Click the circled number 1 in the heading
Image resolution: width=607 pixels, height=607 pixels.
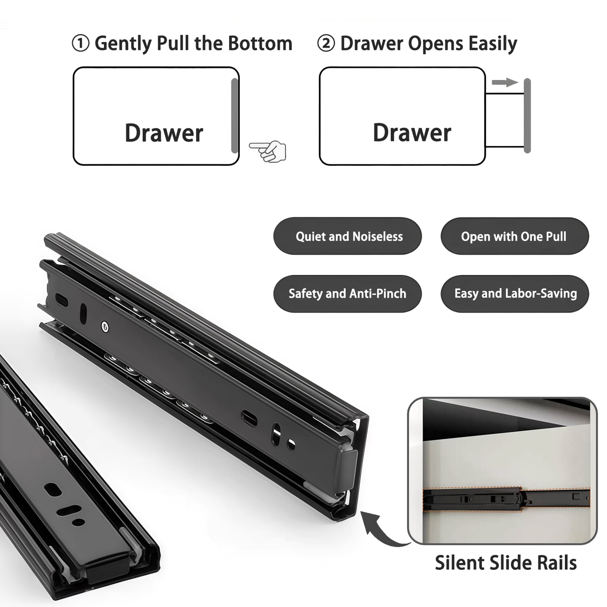[81, 44]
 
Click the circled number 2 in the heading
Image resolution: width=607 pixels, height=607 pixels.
[326, 44]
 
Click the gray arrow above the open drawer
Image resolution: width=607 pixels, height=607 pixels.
[504, 82]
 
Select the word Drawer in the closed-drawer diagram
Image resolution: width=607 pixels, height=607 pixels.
[164, 133]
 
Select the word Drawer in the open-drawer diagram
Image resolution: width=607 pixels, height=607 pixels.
[412, 133]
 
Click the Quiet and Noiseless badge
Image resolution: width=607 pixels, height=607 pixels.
[347, 236]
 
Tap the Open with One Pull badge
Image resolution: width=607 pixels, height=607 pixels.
[514, 236]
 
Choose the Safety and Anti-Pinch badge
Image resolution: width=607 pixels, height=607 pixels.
[347, 294]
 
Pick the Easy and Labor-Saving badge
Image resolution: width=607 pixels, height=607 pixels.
[514, 294]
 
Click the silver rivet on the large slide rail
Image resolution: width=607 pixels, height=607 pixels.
[105, 326]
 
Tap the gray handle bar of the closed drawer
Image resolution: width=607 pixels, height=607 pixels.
[234, 116]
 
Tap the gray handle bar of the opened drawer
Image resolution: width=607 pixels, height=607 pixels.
[527, 116]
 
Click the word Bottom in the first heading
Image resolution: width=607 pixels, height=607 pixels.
[260, 44]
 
